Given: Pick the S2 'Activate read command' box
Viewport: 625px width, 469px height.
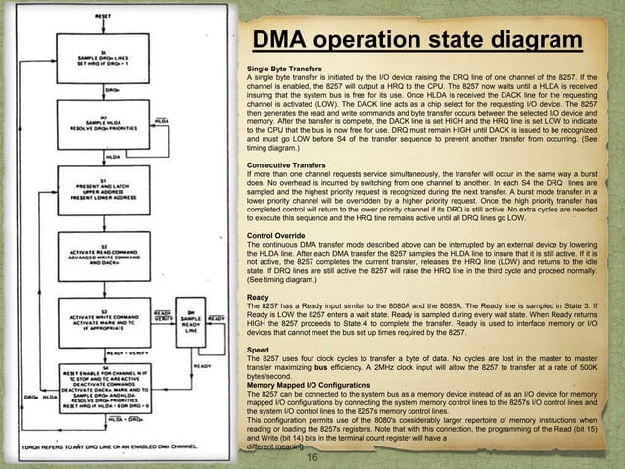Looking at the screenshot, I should point(104,255).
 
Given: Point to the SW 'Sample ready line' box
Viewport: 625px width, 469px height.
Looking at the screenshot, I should point(192,320).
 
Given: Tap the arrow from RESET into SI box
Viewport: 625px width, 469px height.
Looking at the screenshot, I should point(104,34).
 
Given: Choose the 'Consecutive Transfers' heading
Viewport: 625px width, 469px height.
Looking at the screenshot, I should point(282,166).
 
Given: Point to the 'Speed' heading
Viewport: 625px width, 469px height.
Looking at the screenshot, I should point(257,349).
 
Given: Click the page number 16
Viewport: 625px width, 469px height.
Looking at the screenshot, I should point(312,458).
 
